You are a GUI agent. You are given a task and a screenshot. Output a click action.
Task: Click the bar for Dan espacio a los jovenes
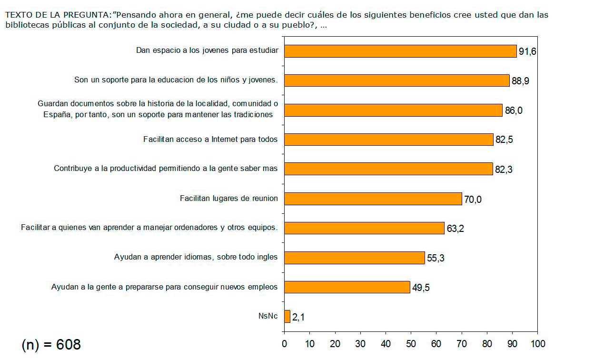coord(400,51)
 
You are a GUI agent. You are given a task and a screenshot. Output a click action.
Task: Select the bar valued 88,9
coord(397,80)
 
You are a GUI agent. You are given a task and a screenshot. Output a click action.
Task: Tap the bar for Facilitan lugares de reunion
coord(373,199)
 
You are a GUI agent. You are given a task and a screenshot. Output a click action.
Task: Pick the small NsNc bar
coord(287,316)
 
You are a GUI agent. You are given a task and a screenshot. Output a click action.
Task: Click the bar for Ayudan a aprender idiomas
coord(355,258)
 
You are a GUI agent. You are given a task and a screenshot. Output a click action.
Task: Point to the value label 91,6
coord(527,51)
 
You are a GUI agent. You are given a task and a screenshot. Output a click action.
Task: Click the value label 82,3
coord(504,170)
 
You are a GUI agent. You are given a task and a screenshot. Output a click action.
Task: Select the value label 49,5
coord(421,288)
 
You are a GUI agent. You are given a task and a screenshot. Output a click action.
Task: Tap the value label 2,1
coord(298,317)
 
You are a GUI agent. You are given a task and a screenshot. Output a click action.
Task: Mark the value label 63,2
coord(455,229)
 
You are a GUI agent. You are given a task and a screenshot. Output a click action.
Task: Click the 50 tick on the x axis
coord(411,344)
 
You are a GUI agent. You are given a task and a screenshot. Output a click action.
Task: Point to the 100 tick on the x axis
coord(538,344)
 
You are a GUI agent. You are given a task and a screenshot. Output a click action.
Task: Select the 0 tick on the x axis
coord(284,344)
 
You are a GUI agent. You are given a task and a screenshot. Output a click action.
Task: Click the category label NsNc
coord(267,316)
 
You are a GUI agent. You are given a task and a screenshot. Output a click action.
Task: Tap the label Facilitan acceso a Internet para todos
coord(210,140)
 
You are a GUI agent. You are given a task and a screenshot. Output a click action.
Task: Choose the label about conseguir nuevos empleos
coord(164,287)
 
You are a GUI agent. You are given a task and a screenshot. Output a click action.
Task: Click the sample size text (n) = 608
coord(51,344)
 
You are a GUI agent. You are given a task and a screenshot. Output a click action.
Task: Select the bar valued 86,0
coord(393,110)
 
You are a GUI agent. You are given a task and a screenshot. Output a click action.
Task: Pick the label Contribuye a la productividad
coord(166,169)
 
